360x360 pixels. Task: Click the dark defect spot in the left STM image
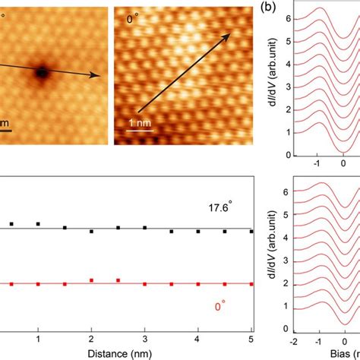click(41, 72)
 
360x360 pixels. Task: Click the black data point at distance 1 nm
click(38, 224)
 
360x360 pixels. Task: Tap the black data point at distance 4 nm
click(197, 231)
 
